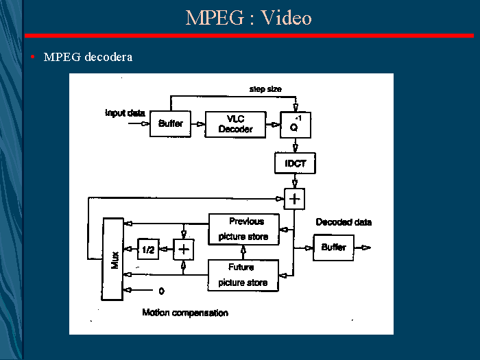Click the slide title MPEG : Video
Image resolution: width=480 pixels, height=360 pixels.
tap(248, 17)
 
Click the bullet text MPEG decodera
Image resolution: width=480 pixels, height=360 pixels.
tap(88, 57)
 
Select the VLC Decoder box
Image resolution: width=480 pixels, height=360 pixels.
tap(235, 124)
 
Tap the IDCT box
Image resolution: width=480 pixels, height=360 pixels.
tap(295, 163)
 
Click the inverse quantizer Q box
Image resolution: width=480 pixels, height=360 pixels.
tap(296, 124)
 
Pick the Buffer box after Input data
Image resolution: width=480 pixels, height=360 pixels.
tap(170, 124)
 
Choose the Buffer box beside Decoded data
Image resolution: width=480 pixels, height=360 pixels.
tap(334, 248)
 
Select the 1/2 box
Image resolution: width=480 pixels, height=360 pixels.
tap(149, 250)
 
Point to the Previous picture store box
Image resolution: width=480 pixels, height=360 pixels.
tap(245, 229)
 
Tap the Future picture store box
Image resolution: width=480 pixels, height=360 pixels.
tap(243, 275)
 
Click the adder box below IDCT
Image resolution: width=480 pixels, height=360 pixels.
tap(295, 200)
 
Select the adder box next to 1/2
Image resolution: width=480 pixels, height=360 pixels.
tap(184, 250)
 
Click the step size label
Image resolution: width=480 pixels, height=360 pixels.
tap(265, 89)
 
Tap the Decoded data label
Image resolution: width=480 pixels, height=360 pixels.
tap(344, 222)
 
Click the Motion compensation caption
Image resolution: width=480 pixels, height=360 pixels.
tap(185, 313)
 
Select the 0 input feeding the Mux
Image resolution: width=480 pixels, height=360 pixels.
tap(161, 290)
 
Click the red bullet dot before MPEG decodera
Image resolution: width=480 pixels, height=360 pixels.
tap(33, 57)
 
